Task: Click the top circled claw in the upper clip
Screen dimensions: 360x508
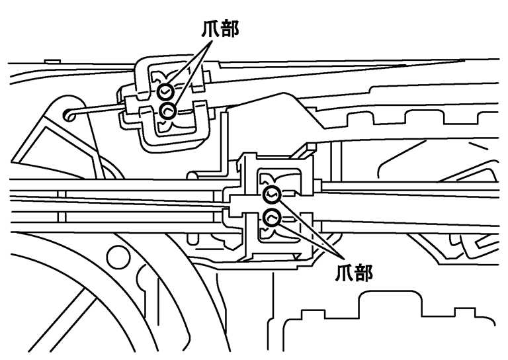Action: (165, 91)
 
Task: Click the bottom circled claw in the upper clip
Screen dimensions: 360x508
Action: (168, 109)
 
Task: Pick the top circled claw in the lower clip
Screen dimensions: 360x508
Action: (272, 194)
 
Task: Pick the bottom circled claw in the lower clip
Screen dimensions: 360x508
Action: (272, 216)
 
